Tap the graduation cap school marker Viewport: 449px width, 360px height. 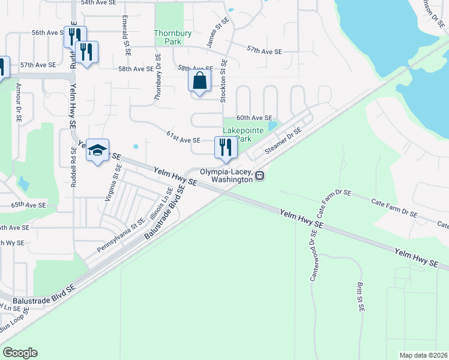tap(97, 151)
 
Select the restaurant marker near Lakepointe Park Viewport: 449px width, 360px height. tap(226, 148)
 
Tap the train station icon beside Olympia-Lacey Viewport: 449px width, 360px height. tap(260, 175)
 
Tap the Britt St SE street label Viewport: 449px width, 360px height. tap(361, 298)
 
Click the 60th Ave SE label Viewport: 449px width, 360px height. tap(254, 118)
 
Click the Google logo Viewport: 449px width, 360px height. tap(20, 353)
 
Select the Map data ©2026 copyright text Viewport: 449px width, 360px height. tap(423, 355)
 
